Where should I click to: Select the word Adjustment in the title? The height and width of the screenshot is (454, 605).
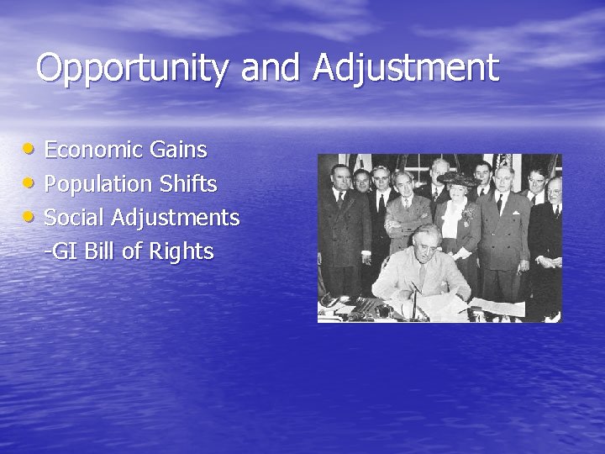[405, 68]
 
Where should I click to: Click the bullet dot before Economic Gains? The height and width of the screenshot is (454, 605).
[30, 150]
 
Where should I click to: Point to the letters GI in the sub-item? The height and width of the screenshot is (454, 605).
[66, 251]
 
